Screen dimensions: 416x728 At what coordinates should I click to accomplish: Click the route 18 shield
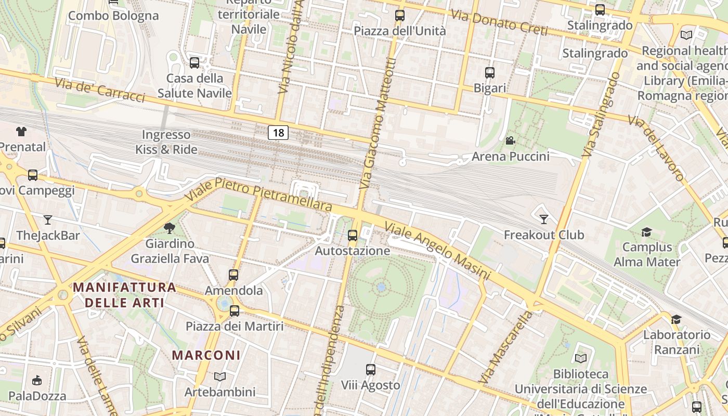278,133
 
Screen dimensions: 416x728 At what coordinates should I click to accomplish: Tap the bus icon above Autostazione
353,235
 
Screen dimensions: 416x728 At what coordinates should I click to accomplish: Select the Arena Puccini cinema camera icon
510,140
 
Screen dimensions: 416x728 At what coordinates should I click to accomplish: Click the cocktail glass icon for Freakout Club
544,219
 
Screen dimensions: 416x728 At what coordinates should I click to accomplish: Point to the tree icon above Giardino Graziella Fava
169,228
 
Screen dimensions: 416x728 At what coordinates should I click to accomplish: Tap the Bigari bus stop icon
489,73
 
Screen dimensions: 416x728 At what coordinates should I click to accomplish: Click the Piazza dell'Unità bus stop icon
399,16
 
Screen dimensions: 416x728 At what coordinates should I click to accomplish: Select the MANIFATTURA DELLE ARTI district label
124,295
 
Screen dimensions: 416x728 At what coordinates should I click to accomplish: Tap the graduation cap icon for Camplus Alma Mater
646,232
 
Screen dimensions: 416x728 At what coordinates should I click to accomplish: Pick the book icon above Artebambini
220,376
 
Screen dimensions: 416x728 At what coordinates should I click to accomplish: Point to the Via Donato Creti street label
499,22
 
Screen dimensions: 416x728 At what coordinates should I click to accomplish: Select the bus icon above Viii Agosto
370,370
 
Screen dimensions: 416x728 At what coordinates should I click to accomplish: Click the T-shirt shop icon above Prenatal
21,131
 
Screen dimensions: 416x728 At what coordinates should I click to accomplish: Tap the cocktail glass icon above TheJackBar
48,219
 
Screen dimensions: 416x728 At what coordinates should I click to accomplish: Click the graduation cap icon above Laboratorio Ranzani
676,319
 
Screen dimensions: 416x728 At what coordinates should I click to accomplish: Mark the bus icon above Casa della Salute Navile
194,63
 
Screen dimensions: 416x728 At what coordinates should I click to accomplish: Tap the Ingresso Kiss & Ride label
166,142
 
